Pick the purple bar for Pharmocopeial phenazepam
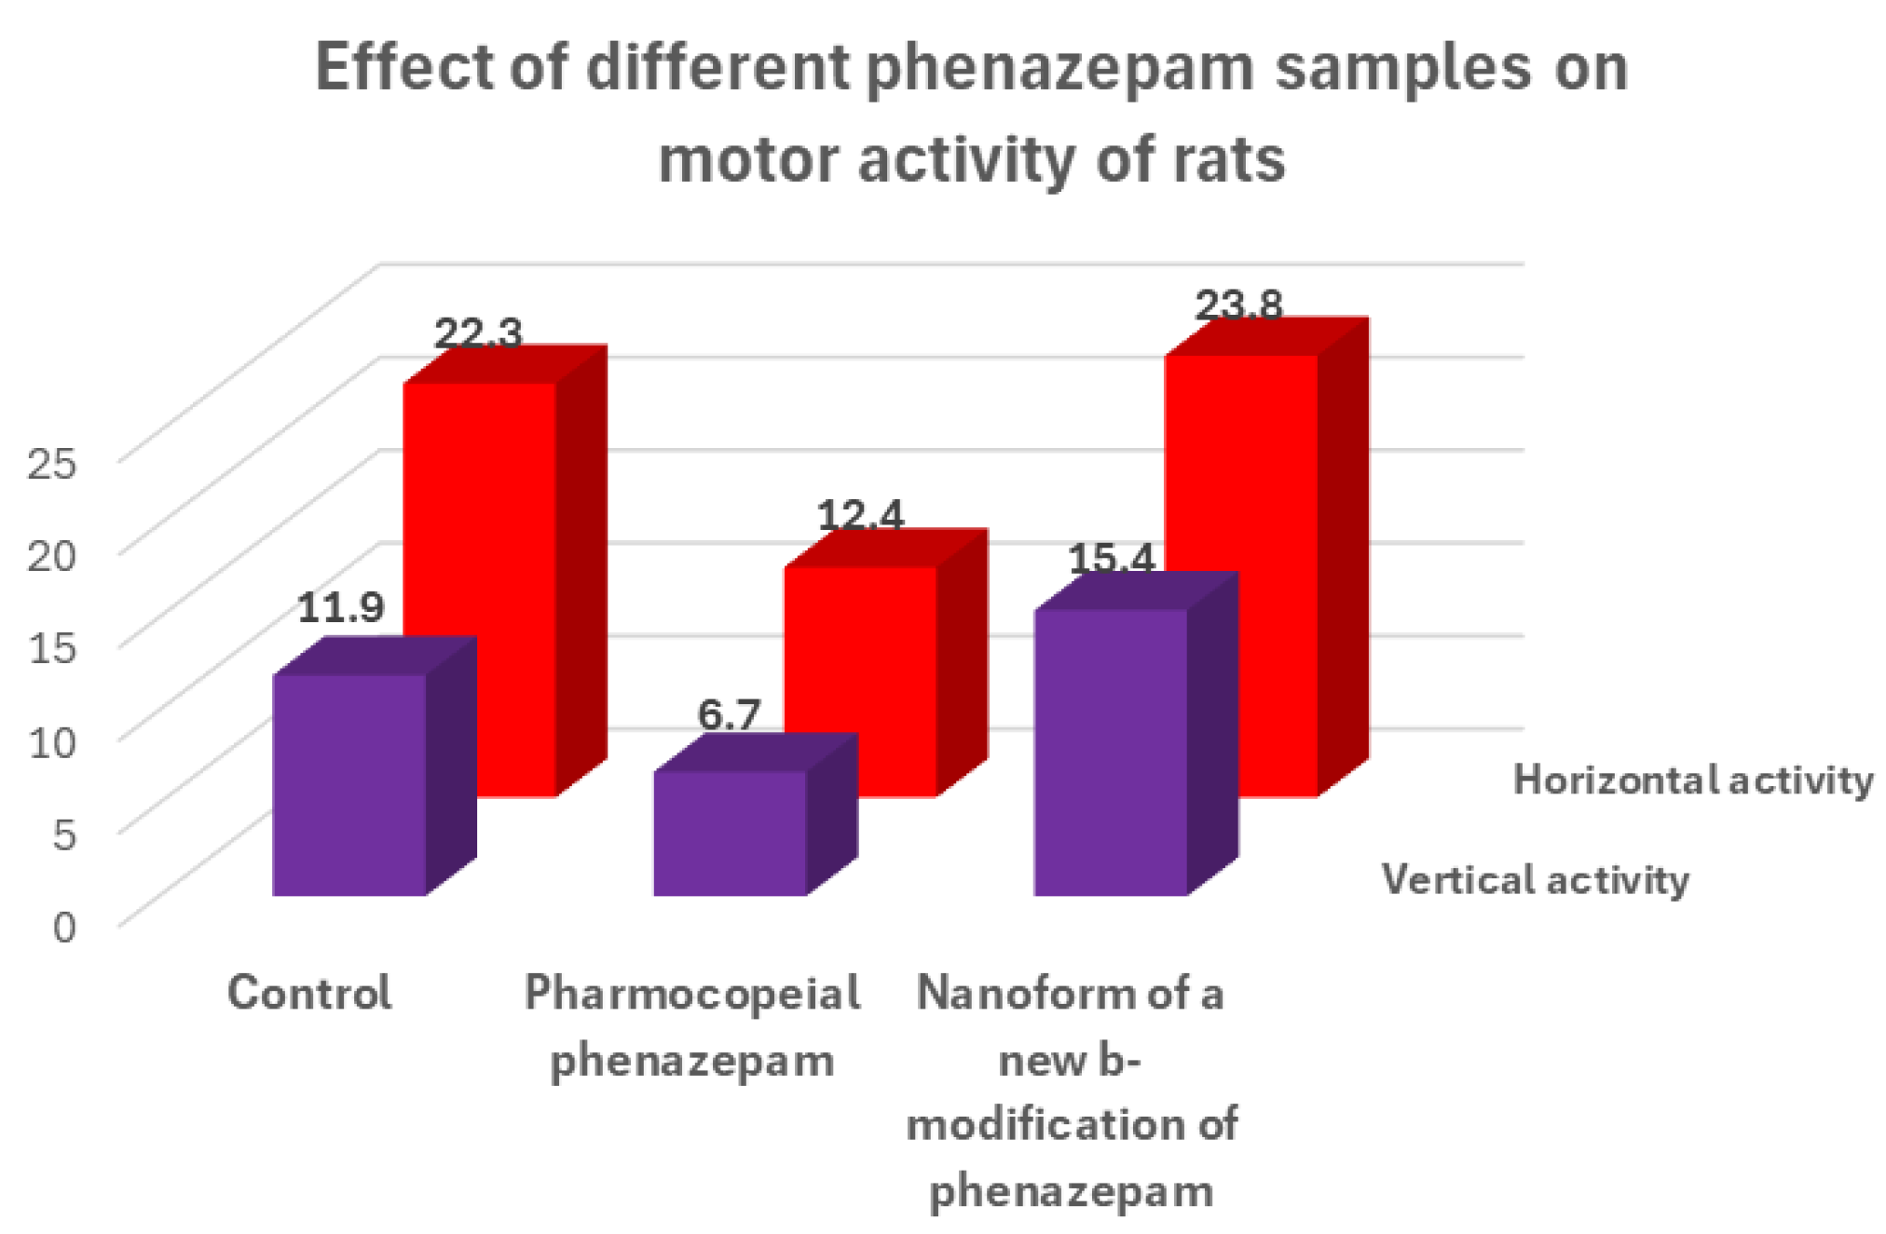[730, 833]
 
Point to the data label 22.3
[478, 333]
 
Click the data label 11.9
[340, 608]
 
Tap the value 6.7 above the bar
[729, 715]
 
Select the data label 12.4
[860, 515]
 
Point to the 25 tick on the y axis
[51, 462]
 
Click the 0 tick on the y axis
[63, 927]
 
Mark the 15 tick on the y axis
[51, 647]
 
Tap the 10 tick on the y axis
[51, 741]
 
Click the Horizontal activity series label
[1692, 780]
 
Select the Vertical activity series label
[1535, 880]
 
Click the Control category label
[309, 993]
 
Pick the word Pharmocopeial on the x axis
[691, 993]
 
